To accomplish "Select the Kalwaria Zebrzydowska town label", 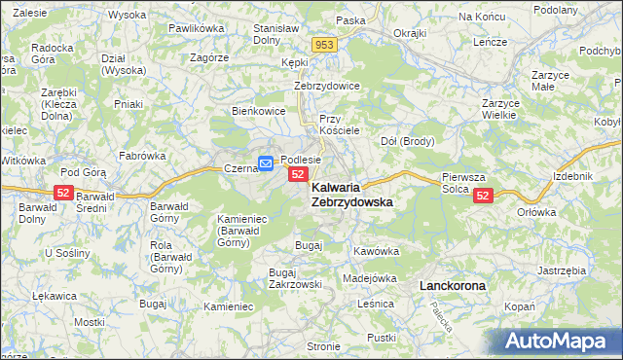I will click(x=351, y=194).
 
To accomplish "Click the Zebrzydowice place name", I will click(x=327, y=86).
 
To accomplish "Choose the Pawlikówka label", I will click(x=196, y=29).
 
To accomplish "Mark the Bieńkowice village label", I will click(x=258, y=111).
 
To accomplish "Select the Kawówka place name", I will click(x=377, y=251).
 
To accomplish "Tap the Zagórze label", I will click(x=209, y=57).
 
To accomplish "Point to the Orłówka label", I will click(x=535, y=211).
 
